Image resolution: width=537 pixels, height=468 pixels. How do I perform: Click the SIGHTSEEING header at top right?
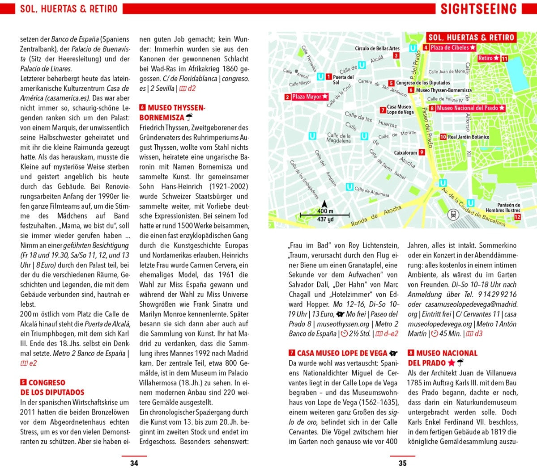coord(478,9)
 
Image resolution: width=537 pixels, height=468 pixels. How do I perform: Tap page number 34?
coord(134,463)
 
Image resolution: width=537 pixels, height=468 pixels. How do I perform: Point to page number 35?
coord(402,463)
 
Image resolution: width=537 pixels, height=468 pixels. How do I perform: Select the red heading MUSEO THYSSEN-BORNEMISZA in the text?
coord(172,113)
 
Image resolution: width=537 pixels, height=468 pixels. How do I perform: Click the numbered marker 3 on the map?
coord(396,56)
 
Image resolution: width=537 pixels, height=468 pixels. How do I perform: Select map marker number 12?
coord(517,217)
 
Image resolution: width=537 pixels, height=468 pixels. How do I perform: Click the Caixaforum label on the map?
coord(405,152)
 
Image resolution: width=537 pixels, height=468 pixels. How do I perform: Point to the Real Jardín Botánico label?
coord(468,137)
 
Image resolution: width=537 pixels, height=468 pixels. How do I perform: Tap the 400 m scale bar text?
coord(325,211)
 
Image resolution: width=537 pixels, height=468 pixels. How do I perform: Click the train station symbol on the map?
coord(453,215)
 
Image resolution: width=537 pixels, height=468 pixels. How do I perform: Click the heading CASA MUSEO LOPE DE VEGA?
coord(342,353)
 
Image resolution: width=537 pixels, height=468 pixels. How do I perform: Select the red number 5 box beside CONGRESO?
coord(23,383)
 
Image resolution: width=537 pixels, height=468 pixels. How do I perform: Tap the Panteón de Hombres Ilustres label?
coord(503,208)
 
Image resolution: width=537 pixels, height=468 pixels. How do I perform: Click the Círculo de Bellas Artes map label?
coord(377,48)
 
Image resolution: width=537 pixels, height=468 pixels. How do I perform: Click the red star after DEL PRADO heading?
coord(452,363)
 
